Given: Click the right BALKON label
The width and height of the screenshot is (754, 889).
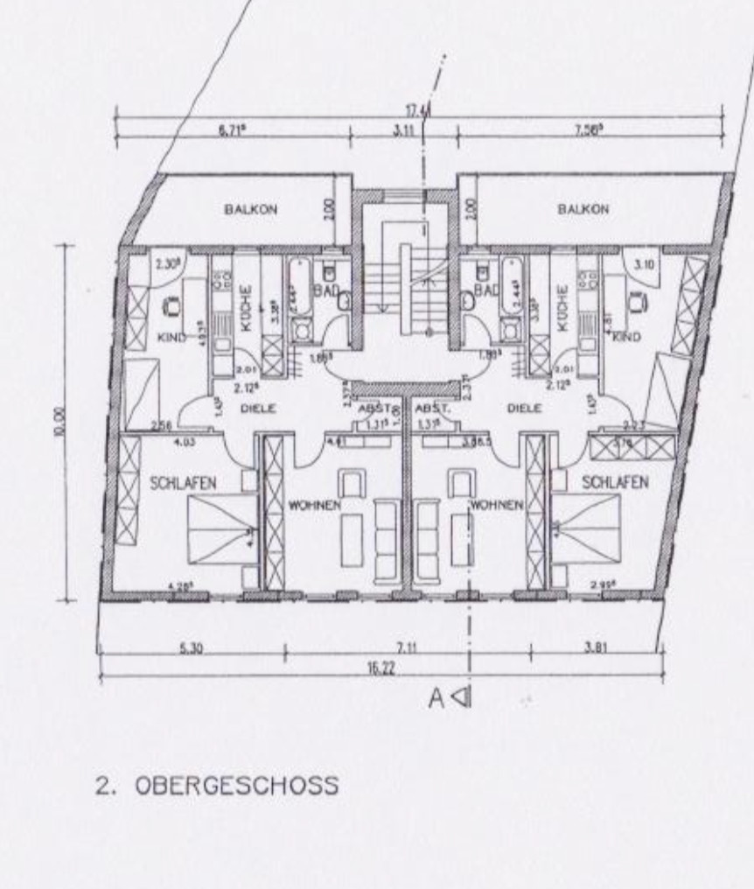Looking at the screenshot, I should (x=582, y=209).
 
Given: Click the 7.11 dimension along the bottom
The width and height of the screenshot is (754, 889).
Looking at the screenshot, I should (x=406, y=648).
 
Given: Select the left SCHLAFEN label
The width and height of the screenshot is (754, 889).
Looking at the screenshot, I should (x=182, y=482).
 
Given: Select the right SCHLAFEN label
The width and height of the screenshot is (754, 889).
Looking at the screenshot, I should (x=614, y=482).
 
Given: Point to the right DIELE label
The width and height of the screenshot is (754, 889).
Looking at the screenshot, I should (x=524, y=408).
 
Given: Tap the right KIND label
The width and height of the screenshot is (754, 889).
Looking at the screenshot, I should (x=629, y=336).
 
